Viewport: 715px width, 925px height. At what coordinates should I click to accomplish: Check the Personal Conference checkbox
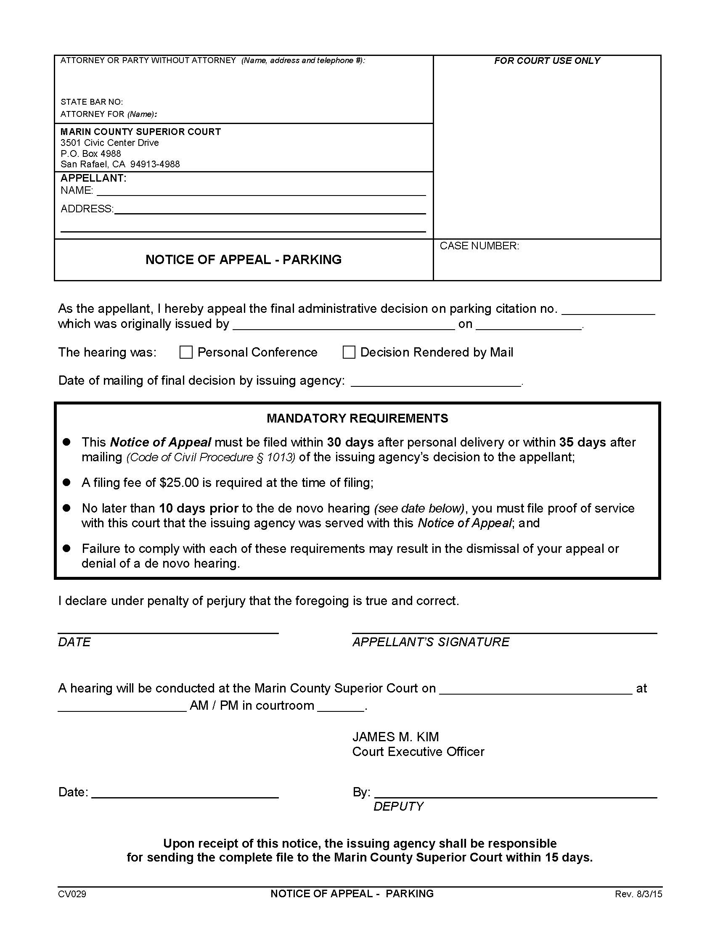pos(186,352)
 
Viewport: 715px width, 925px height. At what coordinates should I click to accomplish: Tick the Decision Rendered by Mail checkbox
pos(349,352)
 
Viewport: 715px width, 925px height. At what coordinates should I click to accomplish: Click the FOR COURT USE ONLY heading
pos(547,61)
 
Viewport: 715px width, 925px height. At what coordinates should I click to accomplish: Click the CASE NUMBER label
pos(479,246)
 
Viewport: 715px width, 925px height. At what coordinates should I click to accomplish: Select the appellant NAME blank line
pos(261,191)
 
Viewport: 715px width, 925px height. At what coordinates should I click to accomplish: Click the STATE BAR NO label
pos(92,102)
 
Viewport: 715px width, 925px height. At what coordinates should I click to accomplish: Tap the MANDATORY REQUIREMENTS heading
pos(357,418)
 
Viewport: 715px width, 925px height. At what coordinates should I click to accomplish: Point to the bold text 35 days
pos(583,442)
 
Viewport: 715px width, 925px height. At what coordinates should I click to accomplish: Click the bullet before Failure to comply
pos(66,548)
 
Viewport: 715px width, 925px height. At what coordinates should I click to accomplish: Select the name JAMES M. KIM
pos(396,737)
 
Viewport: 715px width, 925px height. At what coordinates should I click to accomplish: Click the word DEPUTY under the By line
pos(398,806)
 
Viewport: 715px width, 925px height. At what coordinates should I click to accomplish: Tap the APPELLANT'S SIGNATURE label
pos(431,642)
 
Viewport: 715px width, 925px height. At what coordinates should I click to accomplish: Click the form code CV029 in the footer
pos(72,894)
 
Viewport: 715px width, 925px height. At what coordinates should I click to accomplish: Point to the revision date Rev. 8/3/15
pos(638,894)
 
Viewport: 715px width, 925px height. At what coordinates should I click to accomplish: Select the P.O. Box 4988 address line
pos(91,154)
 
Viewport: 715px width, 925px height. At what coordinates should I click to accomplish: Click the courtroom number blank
pos(341,706)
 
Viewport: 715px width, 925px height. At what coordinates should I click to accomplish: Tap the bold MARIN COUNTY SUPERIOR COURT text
pos(140,132)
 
